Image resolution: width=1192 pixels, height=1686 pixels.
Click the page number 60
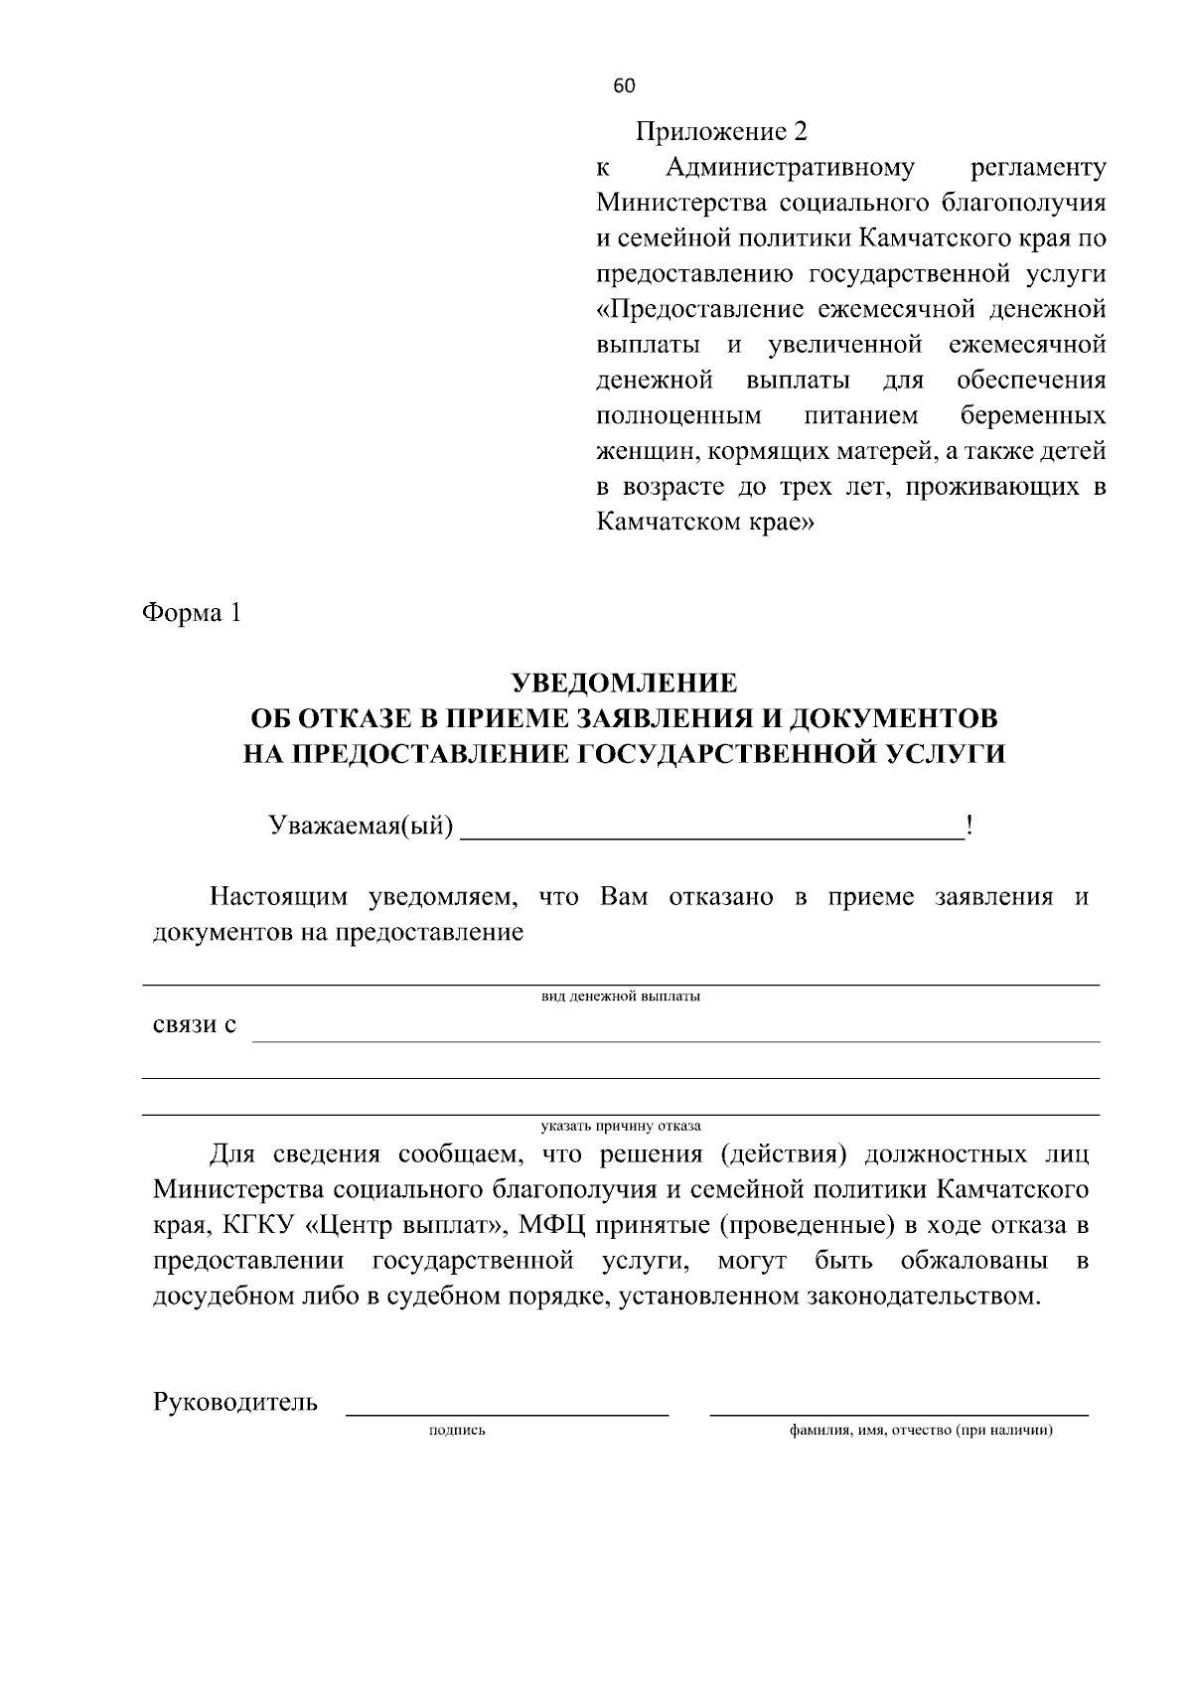coord(624,86)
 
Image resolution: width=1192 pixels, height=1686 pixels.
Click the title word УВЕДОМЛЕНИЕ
coord(624,684)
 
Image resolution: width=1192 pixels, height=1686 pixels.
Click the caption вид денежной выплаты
coord(621,996)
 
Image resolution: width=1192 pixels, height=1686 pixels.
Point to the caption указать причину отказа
coord(621,1126)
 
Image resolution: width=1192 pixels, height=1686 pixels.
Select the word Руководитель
coord(235,1402)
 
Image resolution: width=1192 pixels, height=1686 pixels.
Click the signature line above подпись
coord(507,1410)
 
